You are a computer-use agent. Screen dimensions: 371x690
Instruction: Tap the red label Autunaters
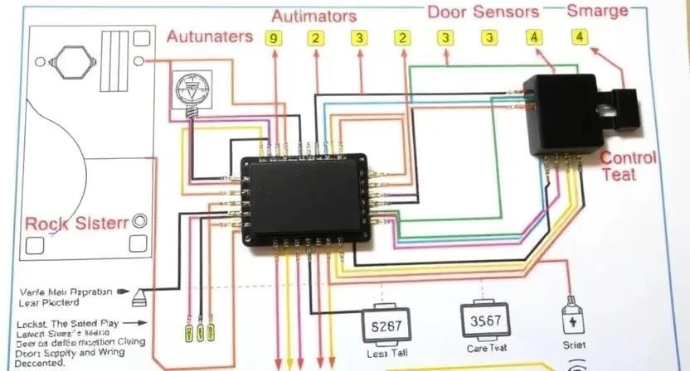tap(209, 36)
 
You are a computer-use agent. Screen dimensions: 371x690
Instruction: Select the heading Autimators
tap(314, 16)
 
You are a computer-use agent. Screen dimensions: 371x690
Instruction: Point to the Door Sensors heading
tap(483, 12)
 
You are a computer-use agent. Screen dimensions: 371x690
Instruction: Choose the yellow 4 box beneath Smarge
tap(578, 36)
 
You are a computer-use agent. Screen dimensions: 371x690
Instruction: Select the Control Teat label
tap(628, 166)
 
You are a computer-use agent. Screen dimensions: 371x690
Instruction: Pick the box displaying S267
tap(382, 325)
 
